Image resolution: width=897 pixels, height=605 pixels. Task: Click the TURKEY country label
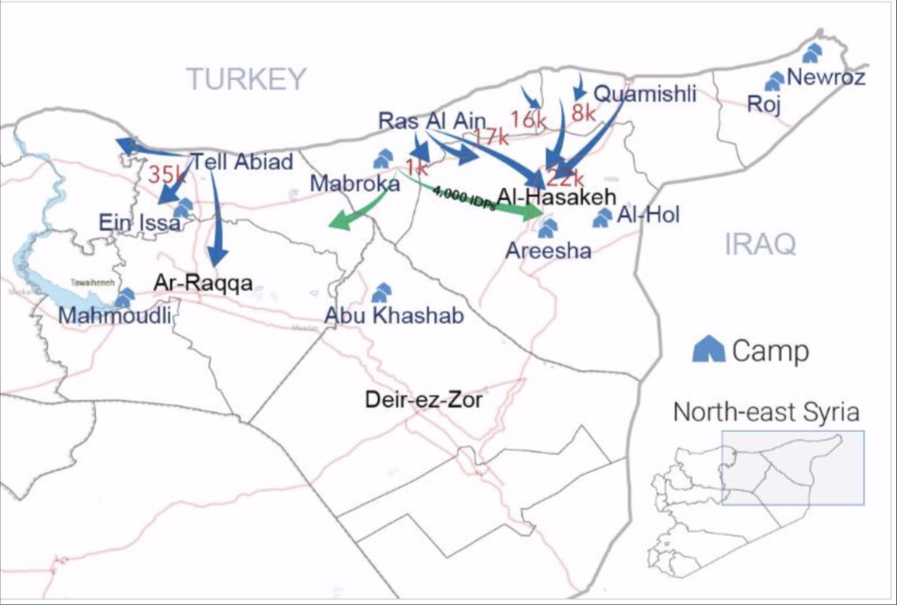click(246, 79)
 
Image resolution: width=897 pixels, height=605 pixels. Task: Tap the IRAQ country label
click(760, 244)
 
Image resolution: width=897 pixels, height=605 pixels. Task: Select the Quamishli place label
click(645, 94)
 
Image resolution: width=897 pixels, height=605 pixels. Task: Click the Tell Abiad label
click(242, 161)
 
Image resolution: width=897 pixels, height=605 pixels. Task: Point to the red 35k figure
click(166, 174)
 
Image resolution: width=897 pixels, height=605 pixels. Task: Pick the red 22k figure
click(565, 178)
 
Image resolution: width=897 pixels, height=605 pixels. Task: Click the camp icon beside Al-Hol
click(602, 218)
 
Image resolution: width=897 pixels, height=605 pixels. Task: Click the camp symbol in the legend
click(709, 349)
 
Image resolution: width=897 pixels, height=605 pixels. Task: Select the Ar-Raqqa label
click(203, 284)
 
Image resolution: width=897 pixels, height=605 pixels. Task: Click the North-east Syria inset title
click(766, 412)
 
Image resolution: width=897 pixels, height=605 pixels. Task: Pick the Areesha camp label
click(548, 251)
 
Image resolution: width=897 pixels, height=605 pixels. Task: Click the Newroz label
click(826, 77)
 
